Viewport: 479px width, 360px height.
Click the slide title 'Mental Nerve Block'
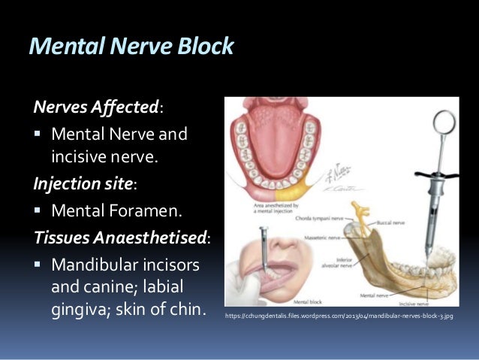[131, 47]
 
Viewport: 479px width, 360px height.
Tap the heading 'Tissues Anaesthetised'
[120, 237]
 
